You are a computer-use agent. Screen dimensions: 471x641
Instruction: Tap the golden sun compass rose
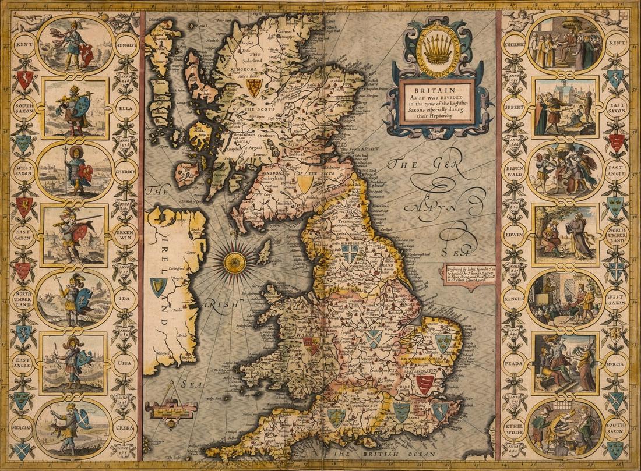234,262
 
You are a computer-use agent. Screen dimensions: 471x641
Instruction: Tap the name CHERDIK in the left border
126,171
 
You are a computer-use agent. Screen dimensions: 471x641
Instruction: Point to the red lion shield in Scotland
253,88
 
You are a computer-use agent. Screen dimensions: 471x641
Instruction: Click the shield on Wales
312,346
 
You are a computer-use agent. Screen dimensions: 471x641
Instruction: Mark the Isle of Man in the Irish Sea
265,252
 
